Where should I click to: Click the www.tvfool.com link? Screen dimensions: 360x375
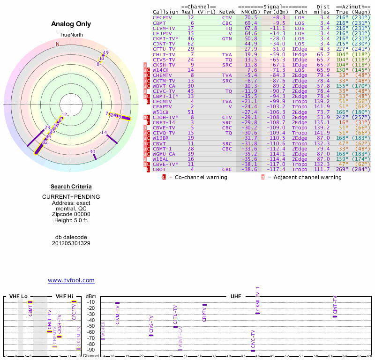(71, 280)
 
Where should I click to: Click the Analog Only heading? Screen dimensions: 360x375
(71, 24)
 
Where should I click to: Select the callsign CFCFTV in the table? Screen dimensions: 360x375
(162, 17)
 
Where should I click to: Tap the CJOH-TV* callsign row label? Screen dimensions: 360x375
(165, 117)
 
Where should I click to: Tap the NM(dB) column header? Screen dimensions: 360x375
(248, 12)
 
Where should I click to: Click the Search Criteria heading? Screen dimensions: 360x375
(71, 187)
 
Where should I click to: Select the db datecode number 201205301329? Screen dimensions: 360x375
(71, 243)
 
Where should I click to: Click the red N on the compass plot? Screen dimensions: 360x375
(58, 44)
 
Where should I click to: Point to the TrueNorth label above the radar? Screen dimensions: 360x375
(71, 35)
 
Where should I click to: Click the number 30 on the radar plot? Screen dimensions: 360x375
(92, 151)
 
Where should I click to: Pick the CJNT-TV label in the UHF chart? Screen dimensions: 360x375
(335, 305)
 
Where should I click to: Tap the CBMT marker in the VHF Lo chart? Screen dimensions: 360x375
(30, 302)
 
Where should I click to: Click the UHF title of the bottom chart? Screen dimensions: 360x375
(236, 297)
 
